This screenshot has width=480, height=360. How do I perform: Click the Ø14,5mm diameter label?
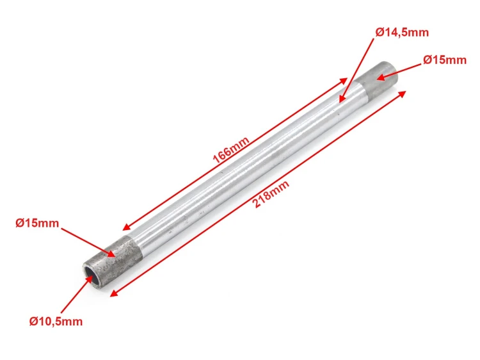[x=402, y=32]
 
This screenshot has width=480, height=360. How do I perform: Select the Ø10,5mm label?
[x=56, y=322]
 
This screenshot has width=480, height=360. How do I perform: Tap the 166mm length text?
[x=231, y=150]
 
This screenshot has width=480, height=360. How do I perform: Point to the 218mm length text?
[x=271, y=194]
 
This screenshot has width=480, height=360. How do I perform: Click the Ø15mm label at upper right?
[x=445, y=60]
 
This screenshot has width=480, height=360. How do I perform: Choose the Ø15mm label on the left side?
[x=37, y=223]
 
